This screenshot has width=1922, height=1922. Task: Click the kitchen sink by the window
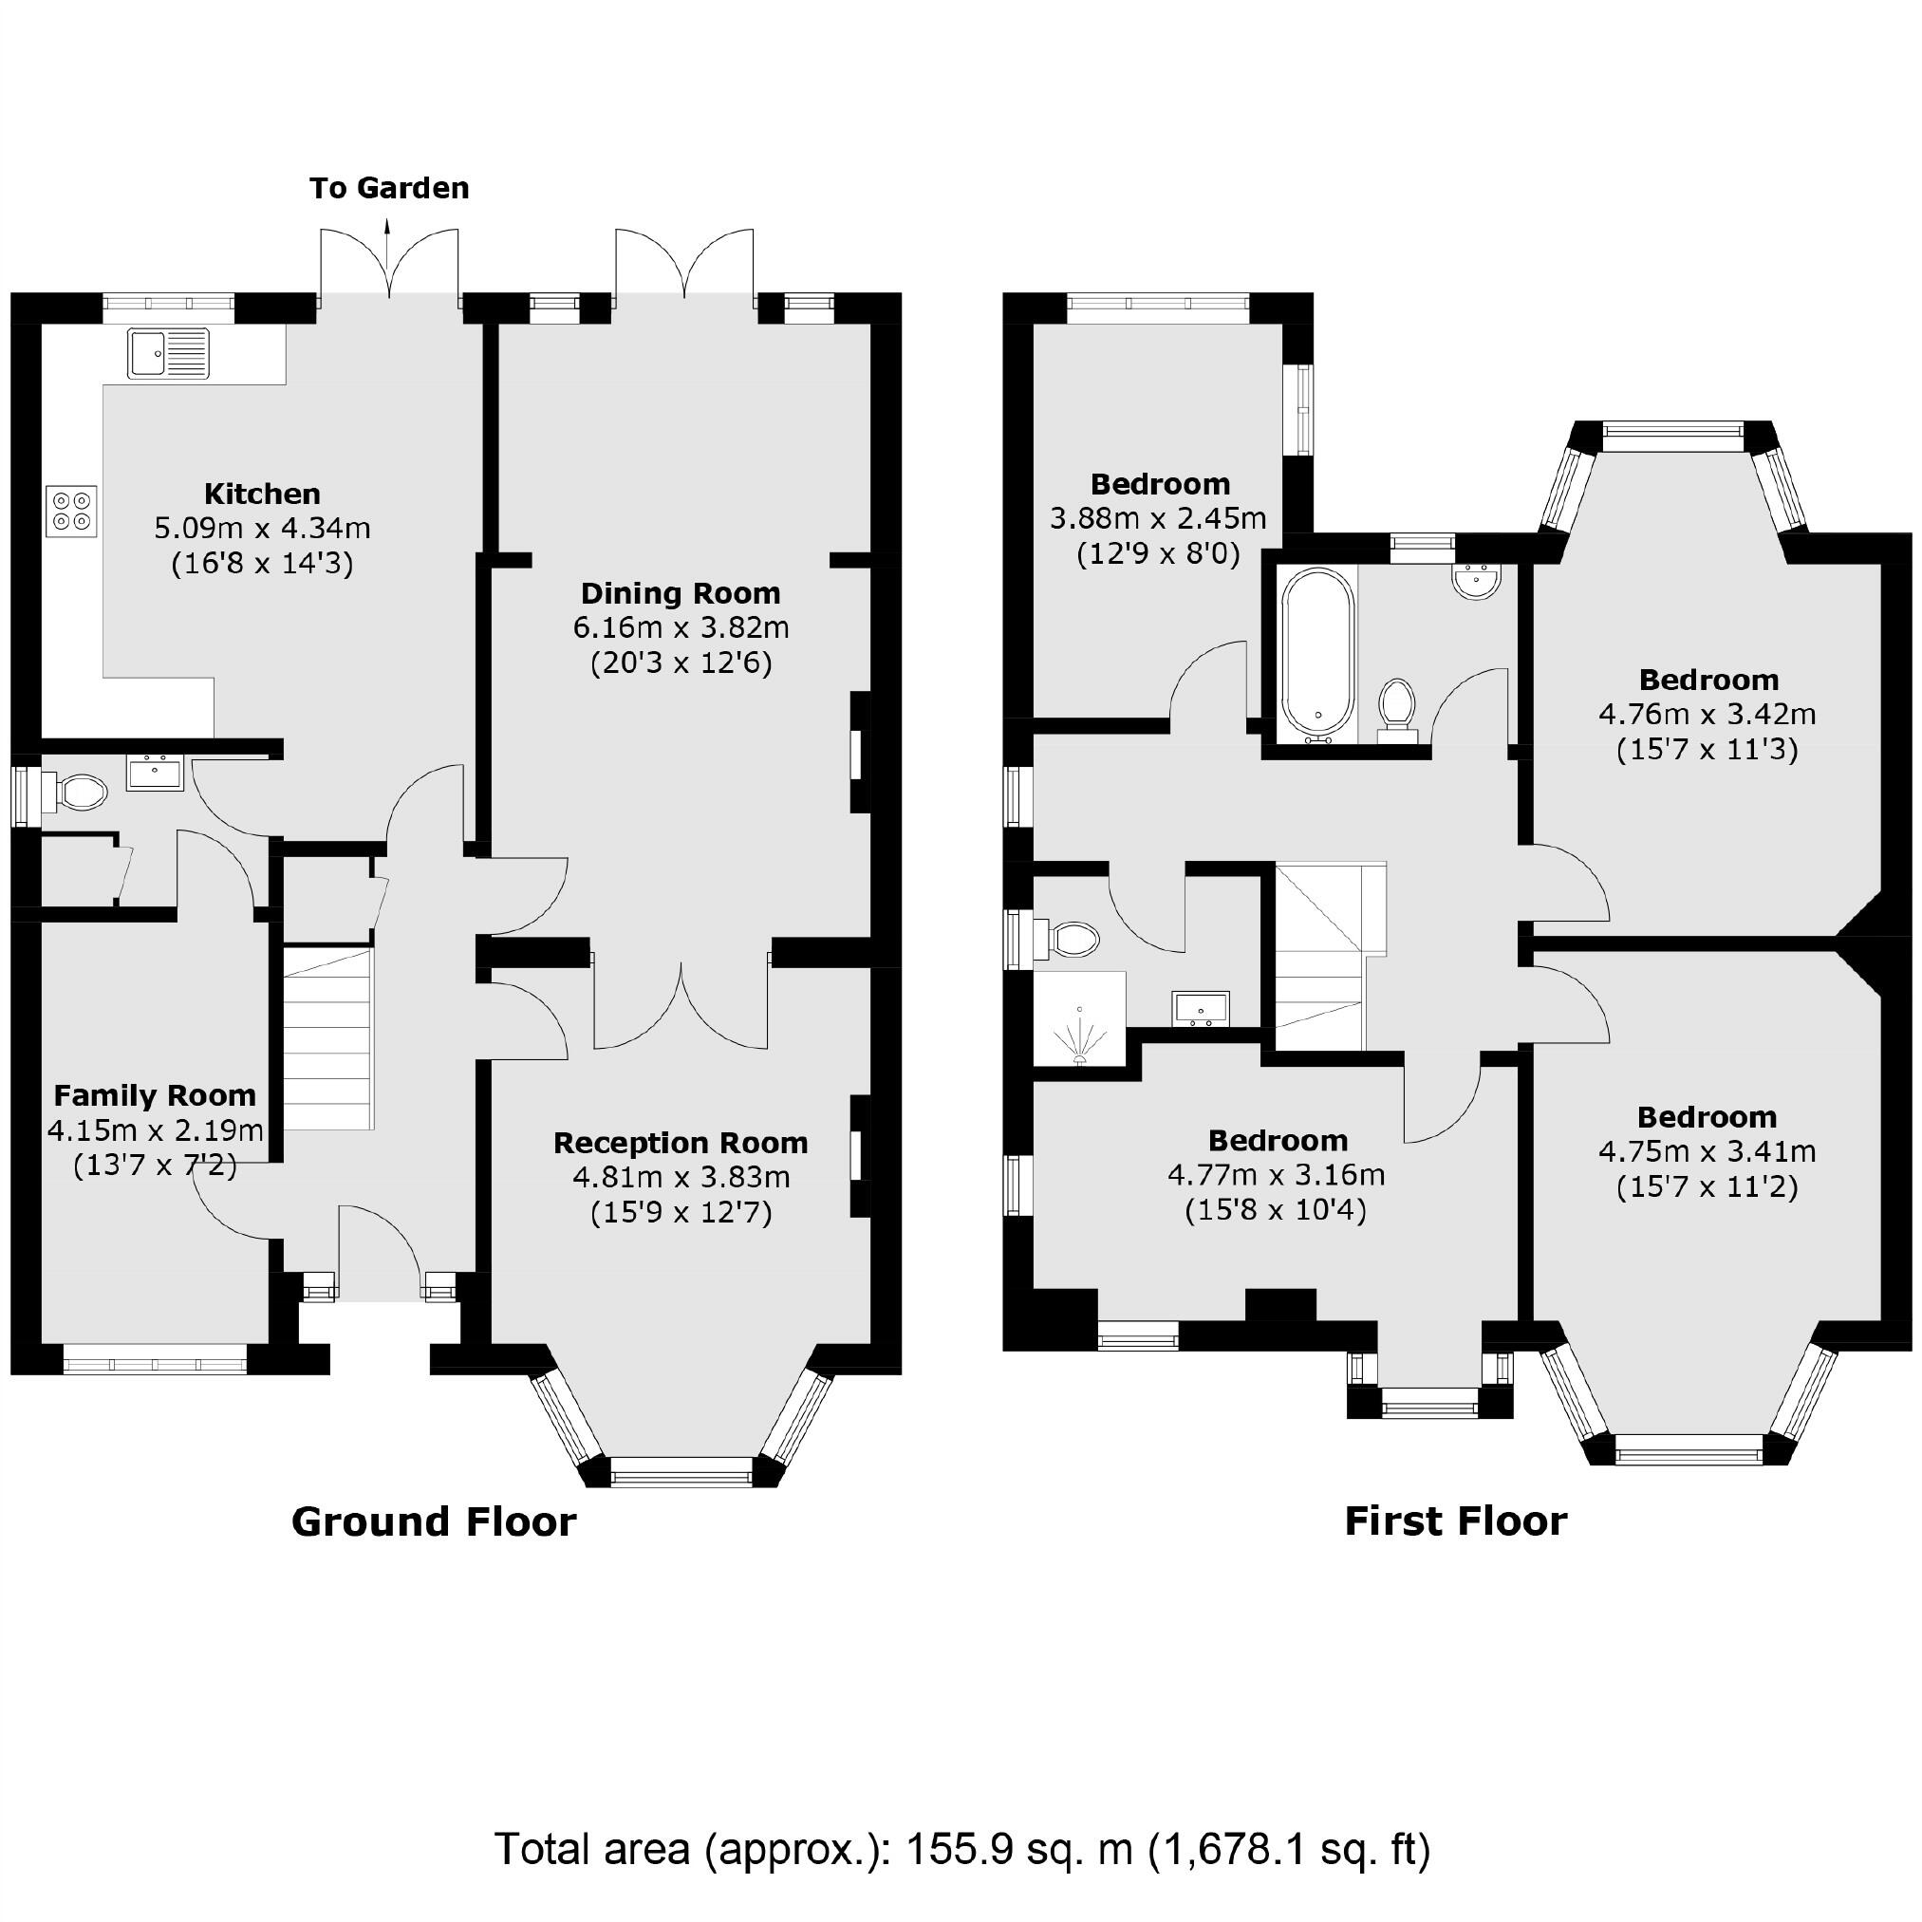click(168, 353)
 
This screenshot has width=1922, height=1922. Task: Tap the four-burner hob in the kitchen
click(71, 511)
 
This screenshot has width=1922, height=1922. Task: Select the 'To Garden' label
click(389, 188)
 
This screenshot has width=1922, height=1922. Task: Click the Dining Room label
click(681, 594)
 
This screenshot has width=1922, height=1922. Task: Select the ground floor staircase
click(328, 1038)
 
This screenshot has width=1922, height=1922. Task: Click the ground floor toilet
click(78, 793)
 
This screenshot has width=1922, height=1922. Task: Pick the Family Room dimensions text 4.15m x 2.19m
click(156, 1130)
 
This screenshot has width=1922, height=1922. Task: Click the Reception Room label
click(681, 1143)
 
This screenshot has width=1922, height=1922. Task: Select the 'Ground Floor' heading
click(434, 1521)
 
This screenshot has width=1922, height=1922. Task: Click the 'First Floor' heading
click(1455, 1521)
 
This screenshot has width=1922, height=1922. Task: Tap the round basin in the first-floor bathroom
click(1476, 583)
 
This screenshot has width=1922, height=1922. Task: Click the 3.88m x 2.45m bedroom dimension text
click(1158, 518)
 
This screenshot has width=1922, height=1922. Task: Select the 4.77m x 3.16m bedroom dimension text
click(1277, 1175)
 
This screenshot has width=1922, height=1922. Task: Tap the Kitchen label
click(263, 494)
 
